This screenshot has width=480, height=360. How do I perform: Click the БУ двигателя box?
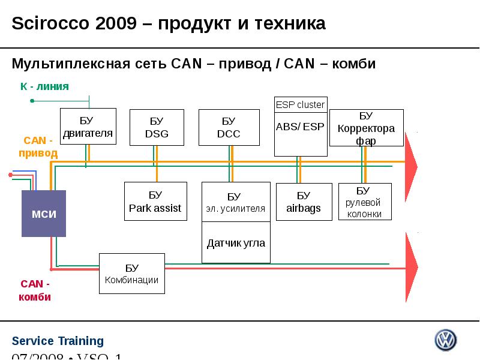pos(88,127)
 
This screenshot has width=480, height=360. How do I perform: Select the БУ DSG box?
pos(157,127)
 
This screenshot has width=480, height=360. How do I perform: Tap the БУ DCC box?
pos(229,127)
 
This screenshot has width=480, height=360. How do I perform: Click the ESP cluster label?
pos(300,105)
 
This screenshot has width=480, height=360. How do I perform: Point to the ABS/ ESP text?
pos(300,127)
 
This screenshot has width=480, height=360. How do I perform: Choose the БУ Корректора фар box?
pos(366,128)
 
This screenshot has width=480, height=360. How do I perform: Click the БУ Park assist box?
pos(155,202)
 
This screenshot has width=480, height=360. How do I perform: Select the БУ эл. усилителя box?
pos(236,202)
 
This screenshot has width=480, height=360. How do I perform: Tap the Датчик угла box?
pos(236,243)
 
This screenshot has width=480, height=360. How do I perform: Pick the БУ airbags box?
pos(304,202)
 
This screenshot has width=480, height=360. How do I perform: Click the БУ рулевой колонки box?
pos(364,202)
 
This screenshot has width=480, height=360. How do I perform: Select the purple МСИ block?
pos(44,214)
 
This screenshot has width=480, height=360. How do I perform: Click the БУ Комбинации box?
pos(131,274)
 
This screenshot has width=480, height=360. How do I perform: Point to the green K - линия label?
pos(44,86)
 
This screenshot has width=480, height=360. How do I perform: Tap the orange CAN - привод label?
pos(38,146)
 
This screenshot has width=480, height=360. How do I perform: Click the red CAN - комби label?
pos(35,290)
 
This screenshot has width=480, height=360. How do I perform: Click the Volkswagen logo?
pos(445,340)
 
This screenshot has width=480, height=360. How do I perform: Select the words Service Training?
pos(58,341)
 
